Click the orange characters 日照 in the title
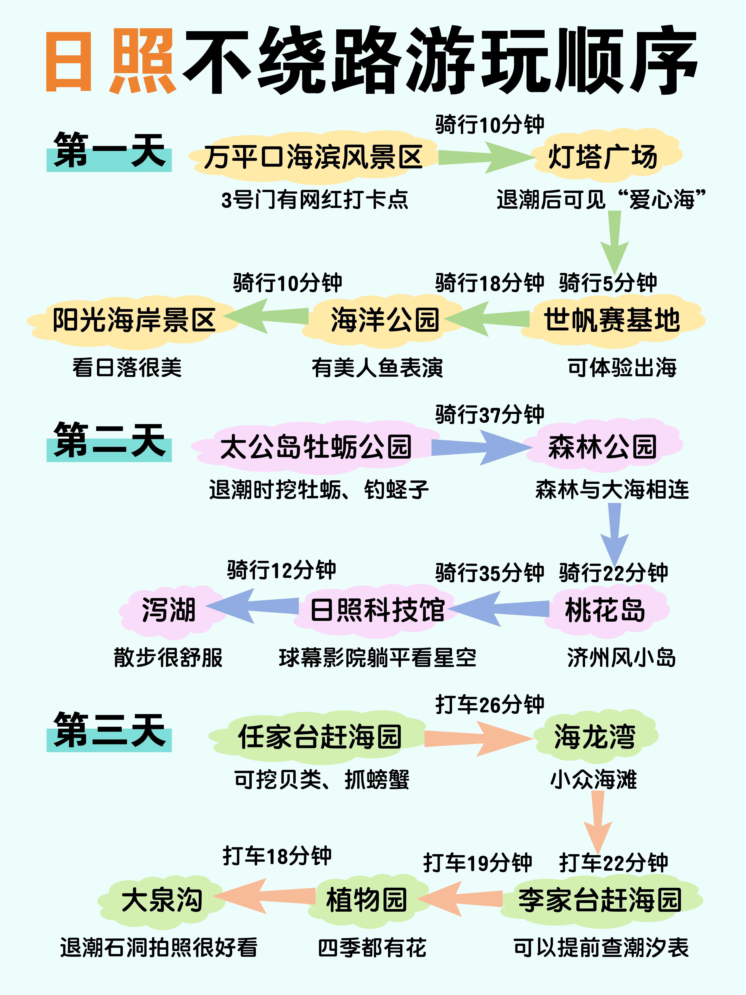tap(110, 61)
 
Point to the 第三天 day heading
tap(109, 731)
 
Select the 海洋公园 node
tap(384, 320)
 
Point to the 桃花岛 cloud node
tap(605, 610)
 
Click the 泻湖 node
tap(169, 610)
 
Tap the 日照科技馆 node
tap(377, 610)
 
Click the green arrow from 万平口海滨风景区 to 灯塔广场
tap(483, 157)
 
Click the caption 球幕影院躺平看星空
tap(377, 658)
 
